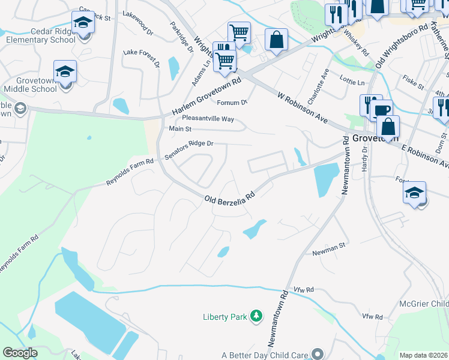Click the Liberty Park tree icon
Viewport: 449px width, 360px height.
(x=256, y=316)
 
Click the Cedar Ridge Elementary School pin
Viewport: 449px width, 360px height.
(x=82, y=24)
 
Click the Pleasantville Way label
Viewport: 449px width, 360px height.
(x=208, y=118)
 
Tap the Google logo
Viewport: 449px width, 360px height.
(x=20, y=353)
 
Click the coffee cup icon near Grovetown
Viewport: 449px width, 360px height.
(x=381, y=110)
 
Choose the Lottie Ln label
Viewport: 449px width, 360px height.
(x=352, y=82)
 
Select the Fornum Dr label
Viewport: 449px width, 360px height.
(x=232, y=103)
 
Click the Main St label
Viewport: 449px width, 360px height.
(x=179, y=128)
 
